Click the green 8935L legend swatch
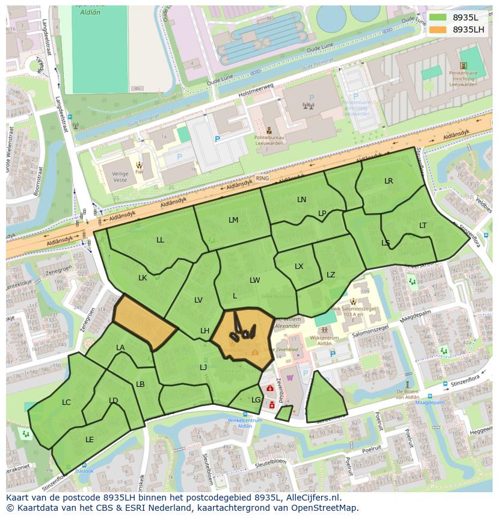point(437,17)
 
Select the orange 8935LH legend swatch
point(437,29)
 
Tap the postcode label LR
point(389,181)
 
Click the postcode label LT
point(423,226)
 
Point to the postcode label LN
point(301,200)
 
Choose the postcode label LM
point(233,220)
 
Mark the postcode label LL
point(160,240)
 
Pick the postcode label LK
point(143,278)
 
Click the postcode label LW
point(255,280)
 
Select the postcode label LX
point(299,267)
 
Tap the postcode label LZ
point(331,275)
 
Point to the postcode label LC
point(66,402)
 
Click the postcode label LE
point(90,440)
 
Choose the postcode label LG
point(256,399)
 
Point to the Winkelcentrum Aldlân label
point(245,423)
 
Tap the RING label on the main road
point(262,179)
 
